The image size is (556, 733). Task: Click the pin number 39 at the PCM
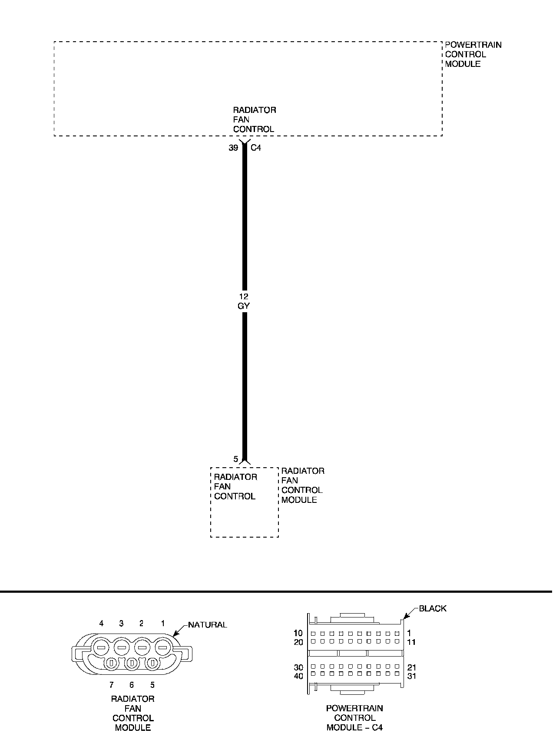[x=233, y=148]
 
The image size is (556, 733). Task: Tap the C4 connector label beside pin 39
[x=256, y=148]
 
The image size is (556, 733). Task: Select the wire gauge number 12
[x=244, y=296]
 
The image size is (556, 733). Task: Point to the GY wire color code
[x=244, y=306]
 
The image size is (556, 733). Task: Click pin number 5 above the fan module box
[x=235, y=459]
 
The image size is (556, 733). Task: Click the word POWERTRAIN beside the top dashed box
[x=473, y=45]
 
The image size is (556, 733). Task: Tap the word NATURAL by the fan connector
[x=207, y=625]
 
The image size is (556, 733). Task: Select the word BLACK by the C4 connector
[x=432, y=608]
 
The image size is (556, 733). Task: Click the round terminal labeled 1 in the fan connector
[x=162, y=647]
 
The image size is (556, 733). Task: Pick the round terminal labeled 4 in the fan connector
[x=101, y=647]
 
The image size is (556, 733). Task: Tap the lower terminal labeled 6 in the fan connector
[x=132, y=663]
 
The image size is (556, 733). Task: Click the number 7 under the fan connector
[x=111, y=685]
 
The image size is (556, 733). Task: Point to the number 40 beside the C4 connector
[x=298, y=676]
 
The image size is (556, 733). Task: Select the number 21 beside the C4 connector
[x=412, y=667]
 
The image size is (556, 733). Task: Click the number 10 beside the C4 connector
[x=298, y=633]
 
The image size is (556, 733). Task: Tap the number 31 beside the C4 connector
[x=412, y=676]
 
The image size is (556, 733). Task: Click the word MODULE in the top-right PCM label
[x=463, y=64]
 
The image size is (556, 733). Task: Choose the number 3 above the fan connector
[x=121, y=624]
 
